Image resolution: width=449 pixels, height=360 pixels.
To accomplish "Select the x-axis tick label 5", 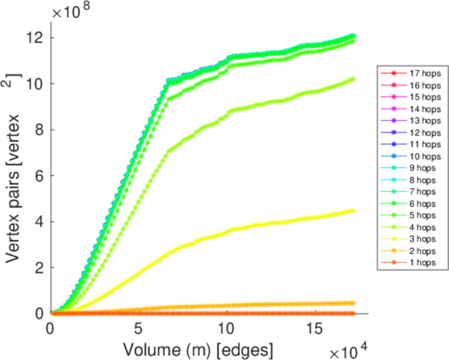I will (x=138, y=329).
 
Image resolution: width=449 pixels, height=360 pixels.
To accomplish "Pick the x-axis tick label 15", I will (x=315, y=329).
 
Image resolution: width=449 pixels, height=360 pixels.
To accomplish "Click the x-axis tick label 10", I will (x=227, y=329).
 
